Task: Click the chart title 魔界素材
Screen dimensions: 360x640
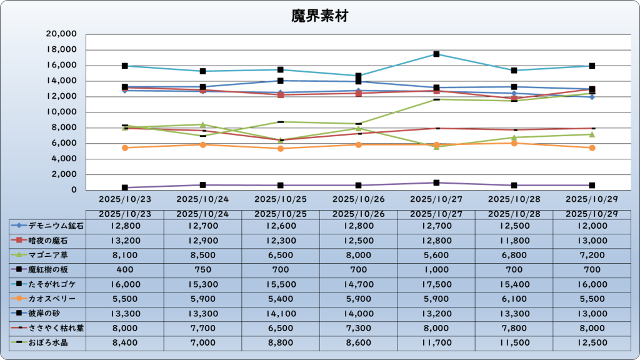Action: click(319, 16)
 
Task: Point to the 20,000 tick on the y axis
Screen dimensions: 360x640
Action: click(61, 34)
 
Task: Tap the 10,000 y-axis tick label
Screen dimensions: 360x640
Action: click(61, 112)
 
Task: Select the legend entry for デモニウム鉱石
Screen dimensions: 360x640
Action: click(47, 226)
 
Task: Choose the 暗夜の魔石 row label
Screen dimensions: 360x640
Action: click(47, 241)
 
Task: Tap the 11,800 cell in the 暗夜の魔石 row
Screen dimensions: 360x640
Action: click(514, 241)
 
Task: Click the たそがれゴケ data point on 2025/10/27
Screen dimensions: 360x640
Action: click(436, 54)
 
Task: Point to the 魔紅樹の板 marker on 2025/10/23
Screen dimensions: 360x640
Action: click(125, 187)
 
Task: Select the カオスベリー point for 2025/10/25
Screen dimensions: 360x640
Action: click(281, 148)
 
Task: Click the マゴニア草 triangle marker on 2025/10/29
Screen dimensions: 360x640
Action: click(592, 134)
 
